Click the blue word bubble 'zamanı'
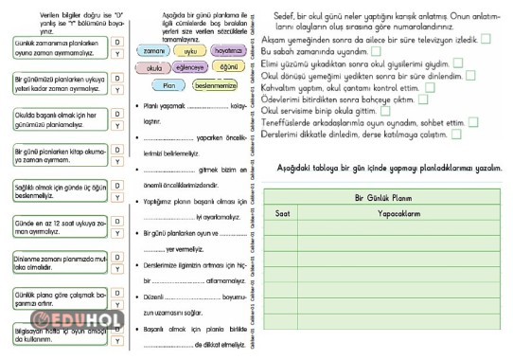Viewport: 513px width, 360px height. click(150, 50)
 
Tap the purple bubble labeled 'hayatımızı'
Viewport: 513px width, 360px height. click(228, 50)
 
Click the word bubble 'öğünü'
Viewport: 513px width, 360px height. click(228, 67)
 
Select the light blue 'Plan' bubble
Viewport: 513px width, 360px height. click(168, 85)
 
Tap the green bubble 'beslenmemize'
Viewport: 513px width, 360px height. click(217, 85)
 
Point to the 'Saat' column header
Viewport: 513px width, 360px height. click(283, 214)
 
